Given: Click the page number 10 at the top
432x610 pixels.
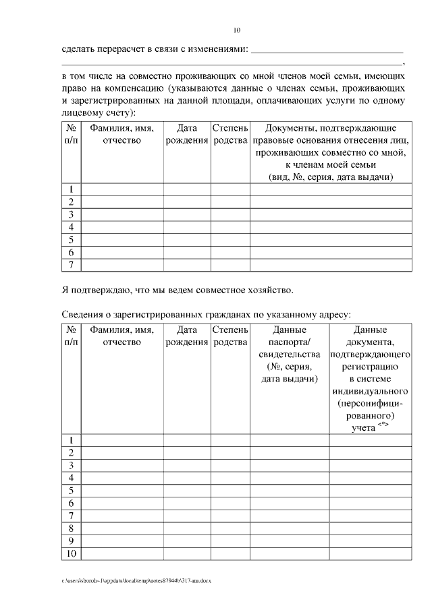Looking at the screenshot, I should tap(236, 30).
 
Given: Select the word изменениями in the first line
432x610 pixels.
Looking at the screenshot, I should tap(218, 49).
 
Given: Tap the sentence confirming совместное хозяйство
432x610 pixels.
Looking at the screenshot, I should tap(178, 291).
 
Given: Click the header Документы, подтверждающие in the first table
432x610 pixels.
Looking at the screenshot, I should tap(331, 128).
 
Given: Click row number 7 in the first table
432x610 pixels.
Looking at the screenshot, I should tap(71, 265).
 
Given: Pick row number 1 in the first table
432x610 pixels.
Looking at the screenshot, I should tap(71, 189).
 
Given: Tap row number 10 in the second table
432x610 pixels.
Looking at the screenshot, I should tap(71, 554).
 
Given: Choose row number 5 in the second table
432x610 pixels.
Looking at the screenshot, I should tap(71, 490).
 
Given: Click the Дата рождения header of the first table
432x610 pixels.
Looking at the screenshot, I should tap(186, 134).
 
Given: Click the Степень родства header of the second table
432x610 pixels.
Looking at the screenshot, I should tap(230, 336).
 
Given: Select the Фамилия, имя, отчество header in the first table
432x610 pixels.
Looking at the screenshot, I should tap(122, 134).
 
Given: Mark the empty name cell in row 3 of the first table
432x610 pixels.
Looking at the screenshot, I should tap(122, 214).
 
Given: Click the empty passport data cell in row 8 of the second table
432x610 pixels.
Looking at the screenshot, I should tap(290, 528).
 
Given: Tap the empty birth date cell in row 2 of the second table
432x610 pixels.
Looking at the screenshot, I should tap(186, 452).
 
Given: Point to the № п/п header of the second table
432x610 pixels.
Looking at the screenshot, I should tap(71, 336).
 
